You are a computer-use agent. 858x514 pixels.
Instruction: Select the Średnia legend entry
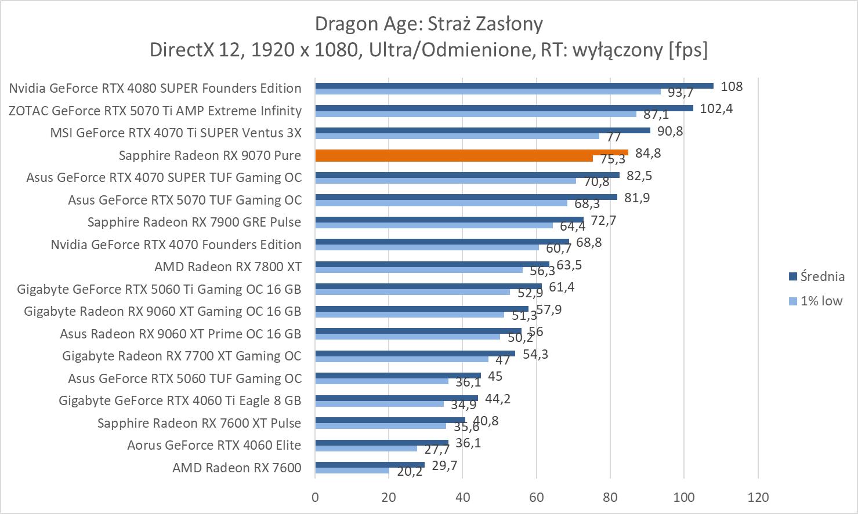[816, 276]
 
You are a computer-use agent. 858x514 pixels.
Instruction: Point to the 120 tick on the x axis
[758, 497]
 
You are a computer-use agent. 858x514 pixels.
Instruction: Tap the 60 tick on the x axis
[537, 497]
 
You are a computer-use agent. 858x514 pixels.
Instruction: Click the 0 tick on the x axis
[315, 497]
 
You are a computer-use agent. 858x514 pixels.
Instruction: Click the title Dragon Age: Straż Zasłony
[429, 24]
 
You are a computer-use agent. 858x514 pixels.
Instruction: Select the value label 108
[732, 86]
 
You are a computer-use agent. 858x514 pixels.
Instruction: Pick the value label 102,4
[716, 108]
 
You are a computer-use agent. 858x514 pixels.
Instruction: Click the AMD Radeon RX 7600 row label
[237, 468]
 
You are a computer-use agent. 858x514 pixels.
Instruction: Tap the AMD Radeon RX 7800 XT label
[228, 267]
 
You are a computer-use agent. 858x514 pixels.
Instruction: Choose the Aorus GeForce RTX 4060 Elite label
[214, 445]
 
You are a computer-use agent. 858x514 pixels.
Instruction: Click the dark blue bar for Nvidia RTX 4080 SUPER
[514, 86]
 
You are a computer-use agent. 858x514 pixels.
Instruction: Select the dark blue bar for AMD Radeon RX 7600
[370, 465]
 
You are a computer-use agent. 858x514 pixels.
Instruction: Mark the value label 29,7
[445, 465]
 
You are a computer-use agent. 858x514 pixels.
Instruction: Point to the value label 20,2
[410, 472]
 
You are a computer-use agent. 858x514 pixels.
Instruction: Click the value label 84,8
[648, 153]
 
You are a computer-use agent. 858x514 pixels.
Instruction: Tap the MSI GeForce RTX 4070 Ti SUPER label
[176, 133]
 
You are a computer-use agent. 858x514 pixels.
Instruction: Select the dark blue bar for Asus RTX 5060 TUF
[398, 376]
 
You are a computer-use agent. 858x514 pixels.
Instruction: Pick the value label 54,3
[535, 353]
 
